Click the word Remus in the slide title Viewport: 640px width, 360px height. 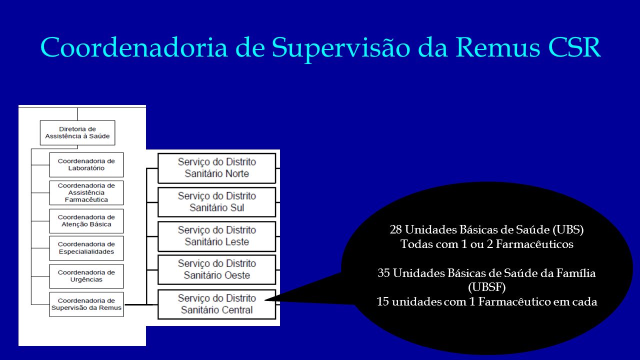(497, 47)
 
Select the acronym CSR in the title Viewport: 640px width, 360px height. (574, 47)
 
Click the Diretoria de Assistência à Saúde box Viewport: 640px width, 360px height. (77, 132)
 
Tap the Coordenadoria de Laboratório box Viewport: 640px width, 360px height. (86, 164)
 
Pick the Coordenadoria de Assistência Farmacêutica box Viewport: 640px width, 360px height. (86, 192)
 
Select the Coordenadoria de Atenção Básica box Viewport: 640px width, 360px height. (86, 221)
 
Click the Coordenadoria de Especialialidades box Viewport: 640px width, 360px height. (86, 248)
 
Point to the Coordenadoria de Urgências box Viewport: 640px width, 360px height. (86, 276)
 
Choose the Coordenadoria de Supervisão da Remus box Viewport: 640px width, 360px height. (86, 304)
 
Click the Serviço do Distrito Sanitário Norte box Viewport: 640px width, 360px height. (216, 168)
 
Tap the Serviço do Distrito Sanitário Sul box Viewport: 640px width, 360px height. (216, 202)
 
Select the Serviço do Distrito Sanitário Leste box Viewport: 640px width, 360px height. (216, 236)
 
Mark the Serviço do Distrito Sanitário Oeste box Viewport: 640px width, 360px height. (216, 269)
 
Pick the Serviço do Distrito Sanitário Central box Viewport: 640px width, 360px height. (216, 304)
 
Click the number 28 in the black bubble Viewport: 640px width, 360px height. (395, 229)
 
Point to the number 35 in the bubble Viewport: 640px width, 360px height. (383, 273)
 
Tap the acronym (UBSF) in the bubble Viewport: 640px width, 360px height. (487, 287)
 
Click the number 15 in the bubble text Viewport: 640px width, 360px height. (382, 301)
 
